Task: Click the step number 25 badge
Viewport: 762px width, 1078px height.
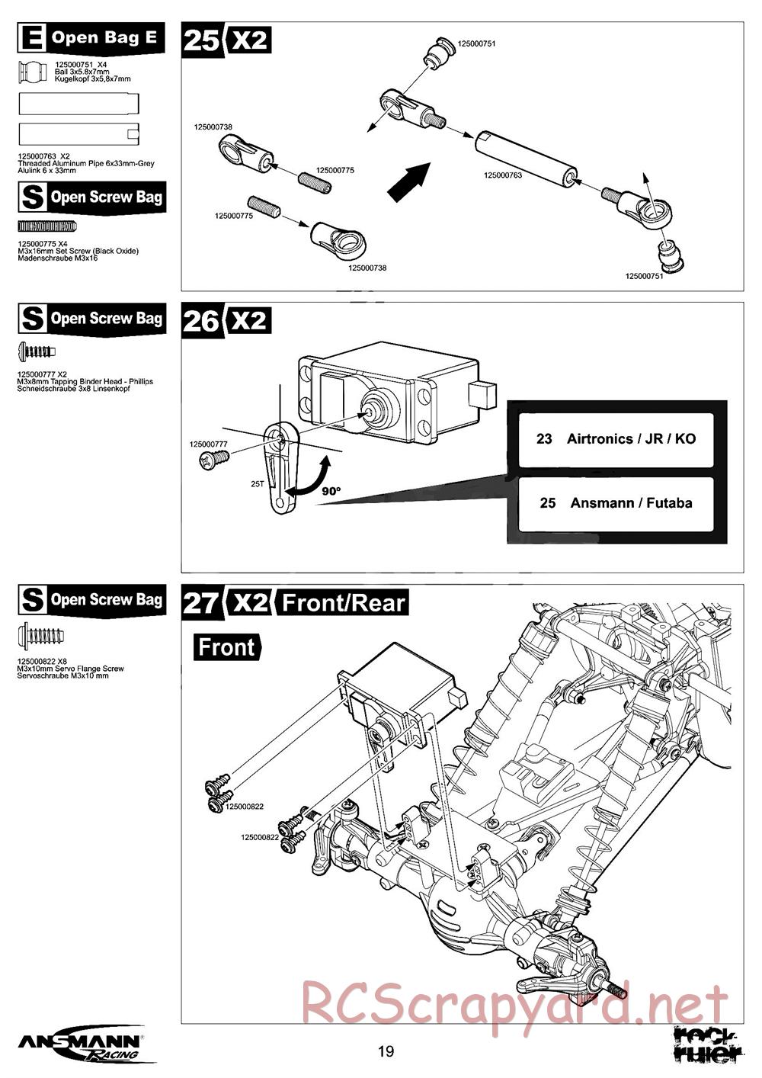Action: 202,40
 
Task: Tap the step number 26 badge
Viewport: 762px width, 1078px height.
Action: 202,321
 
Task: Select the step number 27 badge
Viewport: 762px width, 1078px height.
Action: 202,603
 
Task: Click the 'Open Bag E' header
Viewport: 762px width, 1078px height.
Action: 91,38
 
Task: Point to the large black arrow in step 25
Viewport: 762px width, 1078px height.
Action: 408,183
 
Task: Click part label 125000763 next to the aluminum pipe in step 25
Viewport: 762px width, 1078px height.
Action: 503,175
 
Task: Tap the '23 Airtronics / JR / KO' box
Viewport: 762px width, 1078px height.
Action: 616,439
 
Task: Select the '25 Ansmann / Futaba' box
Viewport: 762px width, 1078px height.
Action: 616,503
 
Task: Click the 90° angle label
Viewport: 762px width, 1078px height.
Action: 330,492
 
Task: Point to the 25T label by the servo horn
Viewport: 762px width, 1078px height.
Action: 257,483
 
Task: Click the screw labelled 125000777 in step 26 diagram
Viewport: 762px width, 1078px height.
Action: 214,458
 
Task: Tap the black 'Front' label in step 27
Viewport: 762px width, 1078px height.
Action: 226,647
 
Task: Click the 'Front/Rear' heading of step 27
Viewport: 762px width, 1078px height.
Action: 343,603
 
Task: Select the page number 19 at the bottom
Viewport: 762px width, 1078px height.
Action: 386,1052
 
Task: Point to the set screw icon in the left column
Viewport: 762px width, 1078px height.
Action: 47,226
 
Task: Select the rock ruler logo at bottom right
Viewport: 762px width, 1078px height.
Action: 709,1044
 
